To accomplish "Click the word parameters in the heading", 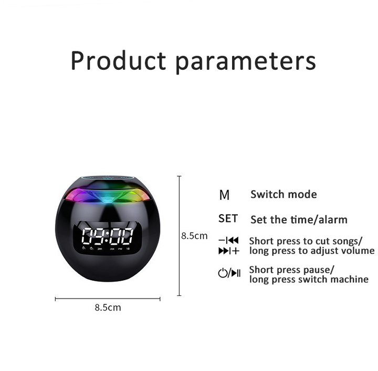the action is coord(246,62).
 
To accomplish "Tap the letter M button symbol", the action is coord(224,195).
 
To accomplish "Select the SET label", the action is coord(228,218).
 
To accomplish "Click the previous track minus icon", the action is coord(228,240).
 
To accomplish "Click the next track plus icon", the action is coord(229,251).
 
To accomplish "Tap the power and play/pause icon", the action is coord(229,273).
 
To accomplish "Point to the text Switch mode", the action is coord(283,194).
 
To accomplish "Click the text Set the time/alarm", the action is coord(299,219).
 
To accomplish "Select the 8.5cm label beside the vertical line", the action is coord(194,236).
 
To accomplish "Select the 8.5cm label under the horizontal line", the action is coord(108,308).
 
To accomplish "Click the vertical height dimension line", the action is coord(179,236).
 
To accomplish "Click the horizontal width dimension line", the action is coord(108,299).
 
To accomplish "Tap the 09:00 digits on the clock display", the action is coord(107,236).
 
